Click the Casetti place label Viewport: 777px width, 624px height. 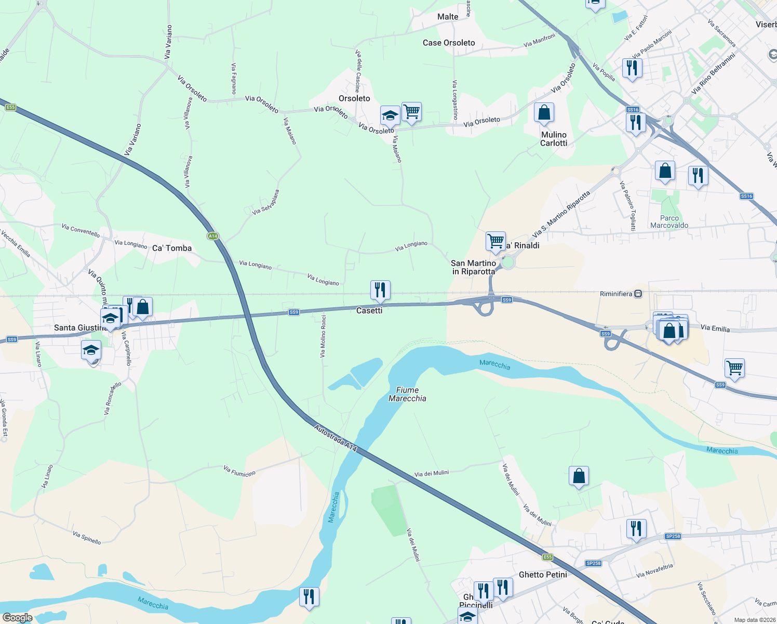pos(369,310)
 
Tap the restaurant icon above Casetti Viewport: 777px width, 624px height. pos(380,290)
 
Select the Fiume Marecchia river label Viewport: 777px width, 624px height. pos(407,394)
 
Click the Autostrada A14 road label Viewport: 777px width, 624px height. pos(336,437)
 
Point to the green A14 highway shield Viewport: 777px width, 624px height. pos(212,236)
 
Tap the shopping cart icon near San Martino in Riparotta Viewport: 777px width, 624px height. pos(495,241)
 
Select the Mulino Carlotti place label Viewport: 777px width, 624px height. pos(554,139)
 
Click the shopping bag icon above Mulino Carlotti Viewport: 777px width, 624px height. pos(544,112)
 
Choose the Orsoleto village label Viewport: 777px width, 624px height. pos(354,98)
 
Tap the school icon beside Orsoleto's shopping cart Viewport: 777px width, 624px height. pos(390,116)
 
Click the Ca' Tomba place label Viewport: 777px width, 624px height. pos(172,248)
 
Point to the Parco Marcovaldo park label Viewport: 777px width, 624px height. pos(669,222)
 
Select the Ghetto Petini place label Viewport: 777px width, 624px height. pos(543,575)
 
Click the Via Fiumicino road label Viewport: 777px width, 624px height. pos(239,471)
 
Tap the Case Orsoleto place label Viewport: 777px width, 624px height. pos(449,43)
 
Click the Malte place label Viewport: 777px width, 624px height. pos(448,17)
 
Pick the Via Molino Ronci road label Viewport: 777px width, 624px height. pos(323,336)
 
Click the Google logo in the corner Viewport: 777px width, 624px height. pos(17,618)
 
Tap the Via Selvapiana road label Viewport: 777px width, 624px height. pos(266,202)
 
